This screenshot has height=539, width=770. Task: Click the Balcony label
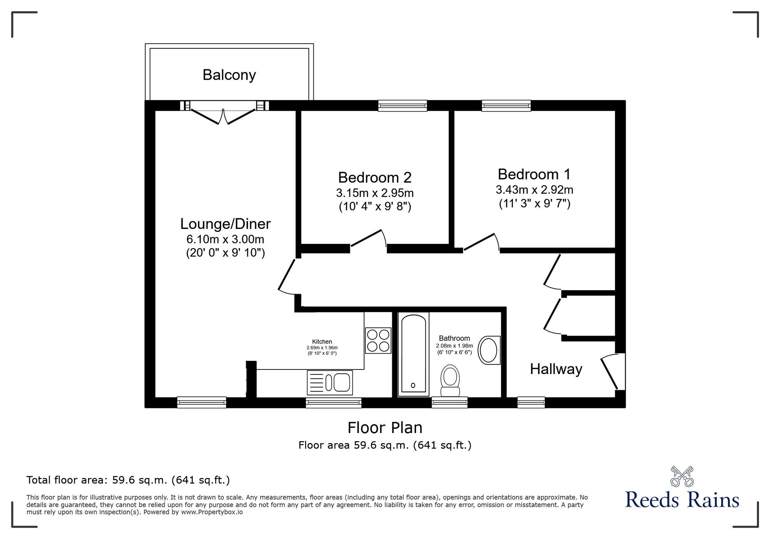click(229, 75)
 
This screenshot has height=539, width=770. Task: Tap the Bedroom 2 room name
click(375, 178)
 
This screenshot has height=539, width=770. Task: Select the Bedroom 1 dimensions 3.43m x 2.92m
click(534, 190)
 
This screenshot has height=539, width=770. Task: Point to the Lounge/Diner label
click(225, 224)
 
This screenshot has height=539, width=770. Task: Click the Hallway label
click(556, 369)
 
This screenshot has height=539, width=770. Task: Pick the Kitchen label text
click(322, 342)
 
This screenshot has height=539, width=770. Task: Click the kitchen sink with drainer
click(330, 382)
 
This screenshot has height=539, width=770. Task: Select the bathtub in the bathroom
click(413, 354)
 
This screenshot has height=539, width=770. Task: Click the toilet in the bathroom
click(450, 380)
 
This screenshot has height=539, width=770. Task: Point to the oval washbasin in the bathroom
click(489, 350)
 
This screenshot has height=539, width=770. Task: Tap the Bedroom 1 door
click(481, 242)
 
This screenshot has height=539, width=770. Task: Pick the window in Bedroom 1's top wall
click(506, 106)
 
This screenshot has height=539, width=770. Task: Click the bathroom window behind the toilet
click(450, 402)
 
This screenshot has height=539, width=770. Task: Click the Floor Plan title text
click(385, 428)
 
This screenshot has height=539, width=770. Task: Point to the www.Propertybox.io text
click(212, 512)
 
